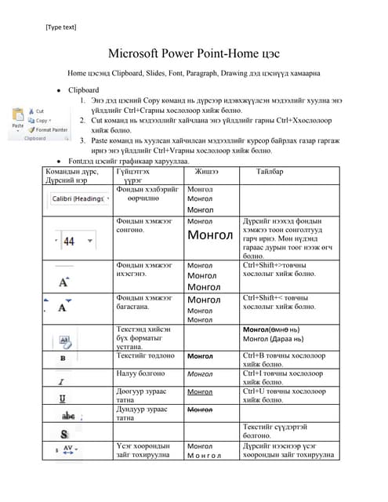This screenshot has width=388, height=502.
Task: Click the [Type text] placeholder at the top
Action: click(61, 27)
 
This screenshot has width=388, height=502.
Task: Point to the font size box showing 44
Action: click(68, 241)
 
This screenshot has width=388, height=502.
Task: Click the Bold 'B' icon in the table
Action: click(62, 357)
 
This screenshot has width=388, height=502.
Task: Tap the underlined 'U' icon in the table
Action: click(62, 398)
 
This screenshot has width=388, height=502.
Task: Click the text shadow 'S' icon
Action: click(63, 433)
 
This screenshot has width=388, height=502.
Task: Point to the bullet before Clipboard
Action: click(60, 90)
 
